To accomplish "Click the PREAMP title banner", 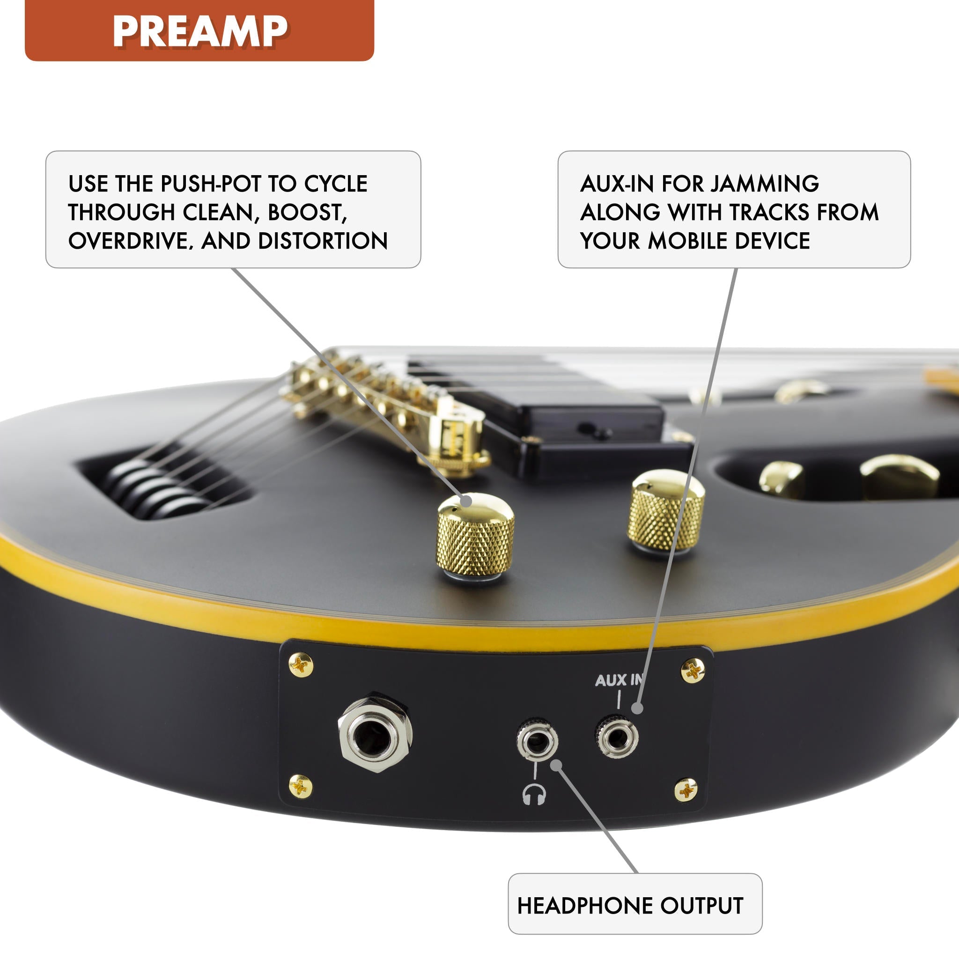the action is pos(199,30).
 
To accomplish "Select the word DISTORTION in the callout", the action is pos(323,241).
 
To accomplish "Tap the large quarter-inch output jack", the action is pos(375,732).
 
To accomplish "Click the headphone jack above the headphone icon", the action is pos(537,742).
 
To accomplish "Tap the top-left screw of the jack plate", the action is pos(301,664).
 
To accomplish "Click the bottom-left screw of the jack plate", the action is pos(300,786).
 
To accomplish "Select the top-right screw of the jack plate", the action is pos(693,671).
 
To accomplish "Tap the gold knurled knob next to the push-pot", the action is pos(666,511).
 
